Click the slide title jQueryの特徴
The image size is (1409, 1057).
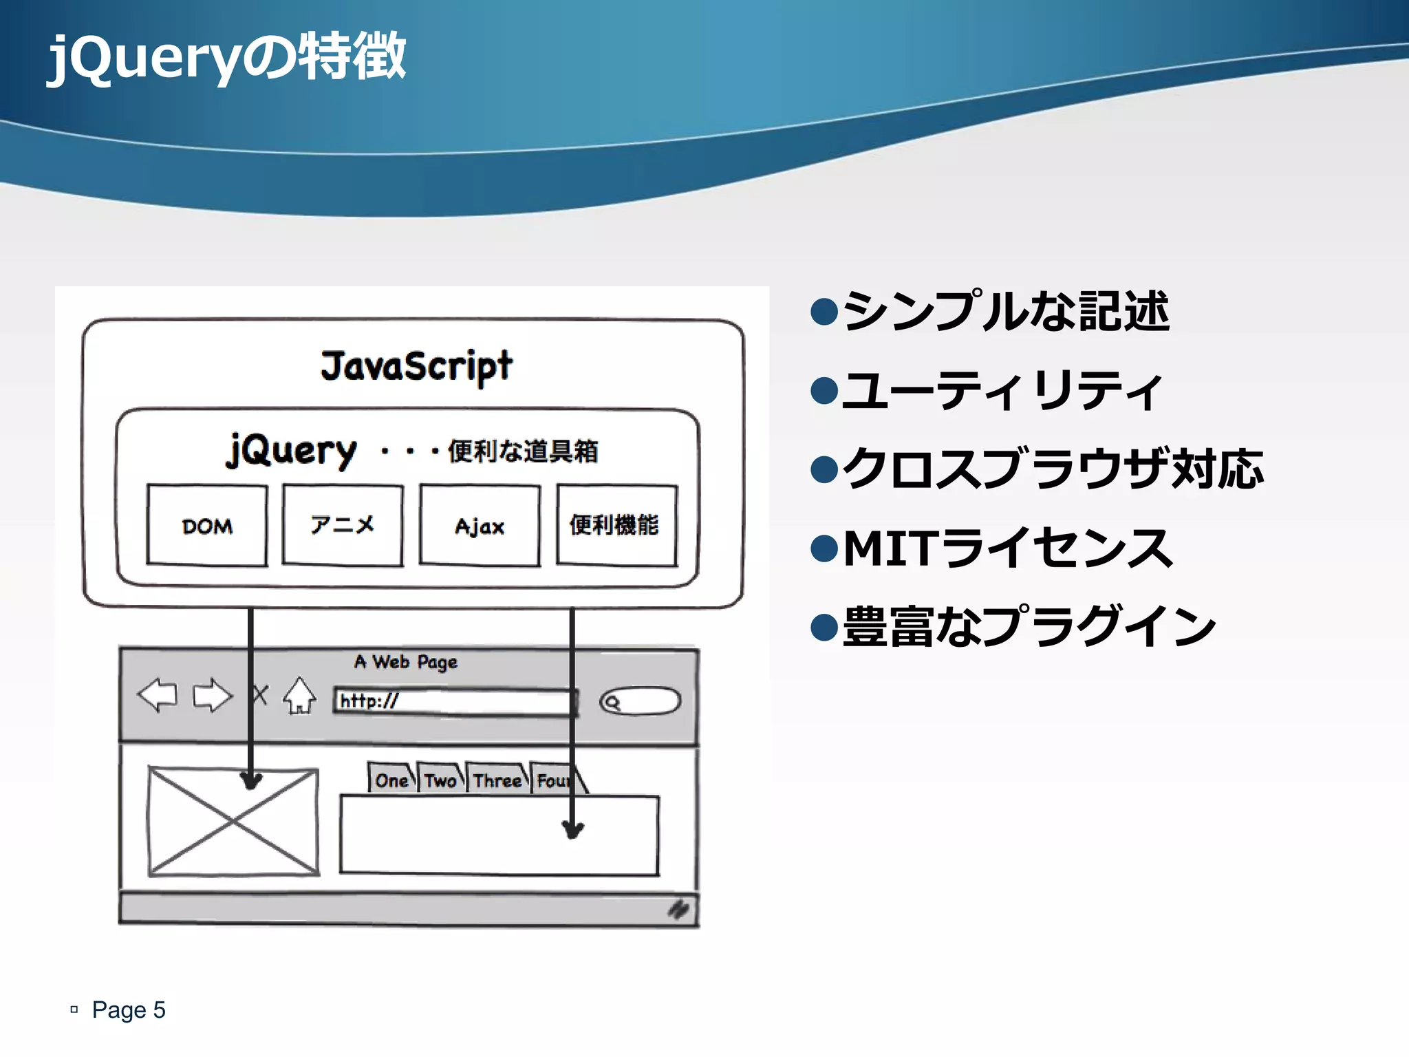click(227, 58)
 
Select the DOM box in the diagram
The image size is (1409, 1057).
click(207, 526)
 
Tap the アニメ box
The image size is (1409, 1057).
click(343, 526)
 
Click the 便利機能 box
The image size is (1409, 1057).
click(616, 526)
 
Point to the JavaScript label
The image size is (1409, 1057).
click(416, 366)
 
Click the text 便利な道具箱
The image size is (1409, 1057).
click(523, 451)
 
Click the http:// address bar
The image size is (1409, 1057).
click(454, 702)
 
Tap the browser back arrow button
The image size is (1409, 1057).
click(158, 695)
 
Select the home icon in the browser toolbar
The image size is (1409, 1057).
click(300, 696)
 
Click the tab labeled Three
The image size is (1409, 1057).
click(497, 780)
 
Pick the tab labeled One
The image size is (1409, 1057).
click(391, 780)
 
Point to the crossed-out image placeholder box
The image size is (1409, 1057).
click(233, 822)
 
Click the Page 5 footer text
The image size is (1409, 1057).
click(129, 1010)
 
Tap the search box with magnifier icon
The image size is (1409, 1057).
click(640, 702)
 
